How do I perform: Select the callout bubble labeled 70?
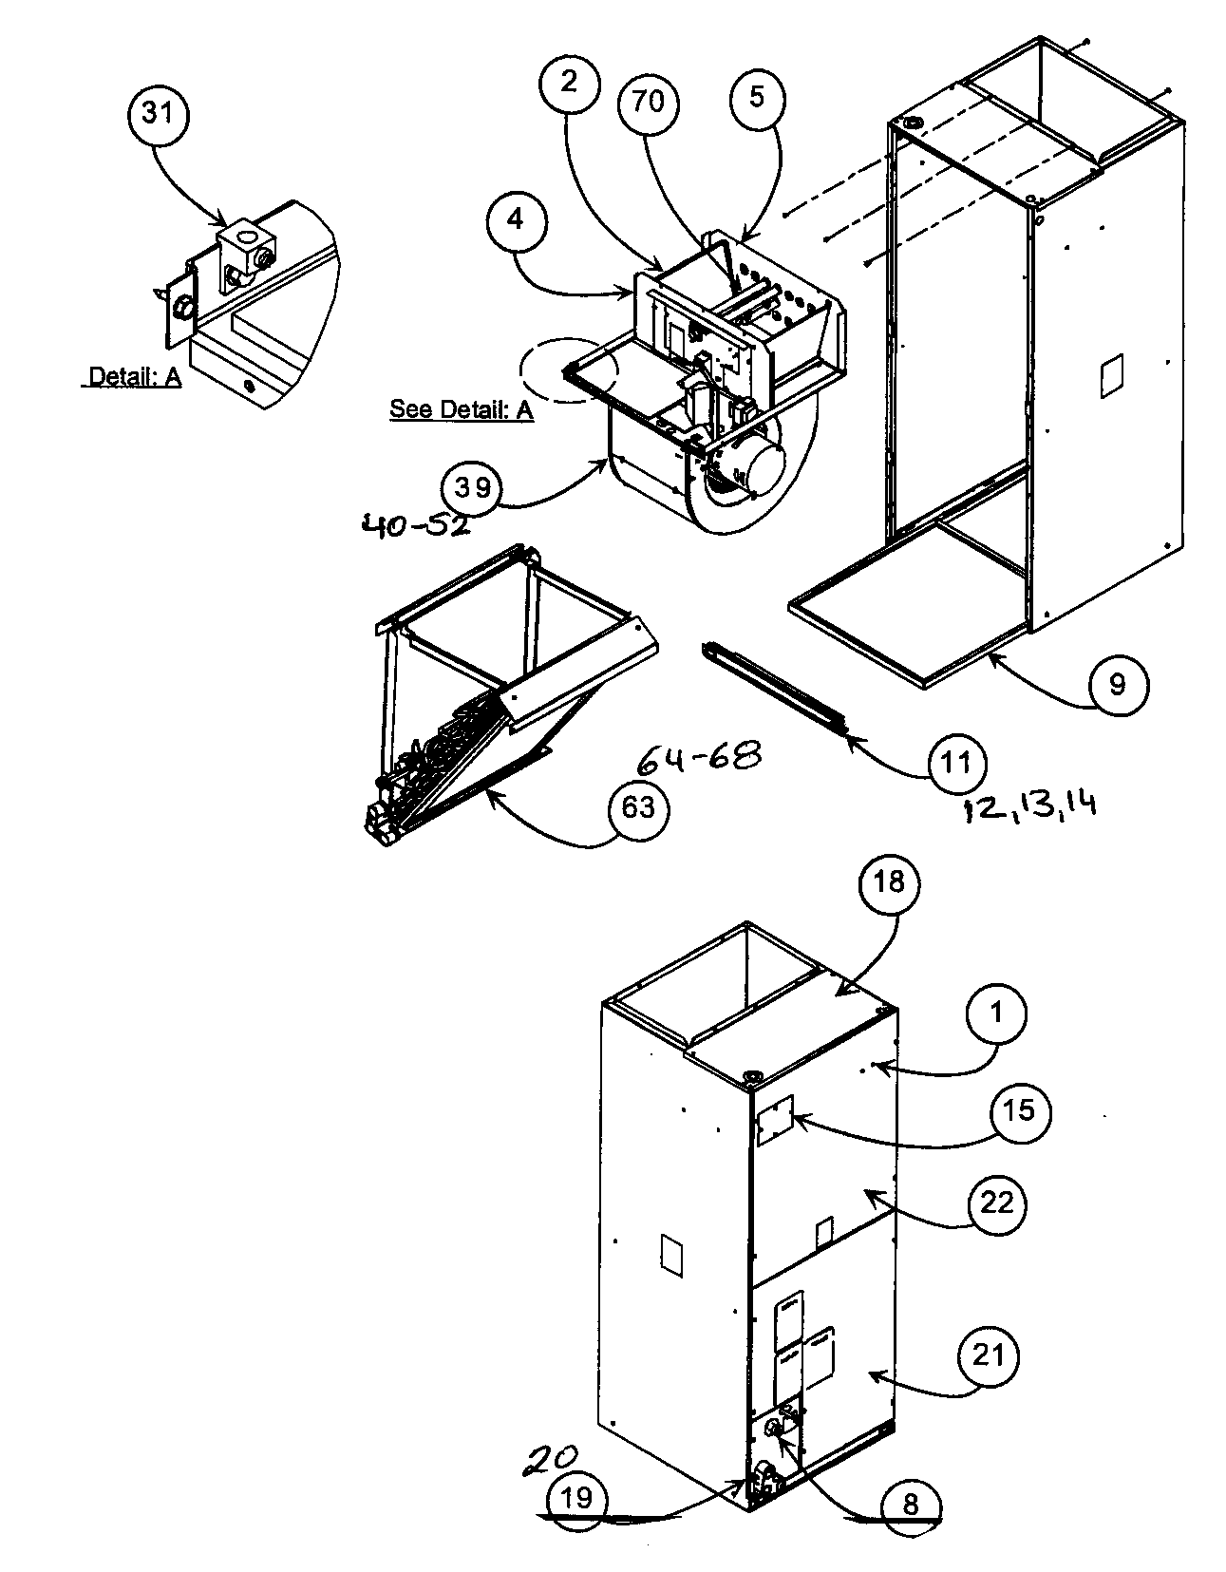click(x=649, y=101)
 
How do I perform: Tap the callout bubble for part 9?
click(x=1117, y=683)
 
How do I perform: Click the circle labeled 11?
click(x=957, y=761)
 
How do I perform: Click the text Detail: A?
click(x=133, y=377)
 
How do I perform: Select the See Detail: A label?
click(x=462, y=409)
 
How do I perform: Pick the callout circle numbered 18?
click(x=889, y=882)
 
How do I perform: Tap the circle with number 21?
click(x=989, y=1354)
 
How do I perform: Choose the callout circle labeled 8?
click(x=911, y=1503)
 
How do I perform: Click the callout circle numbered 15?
click(x=1018, y=1109)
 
